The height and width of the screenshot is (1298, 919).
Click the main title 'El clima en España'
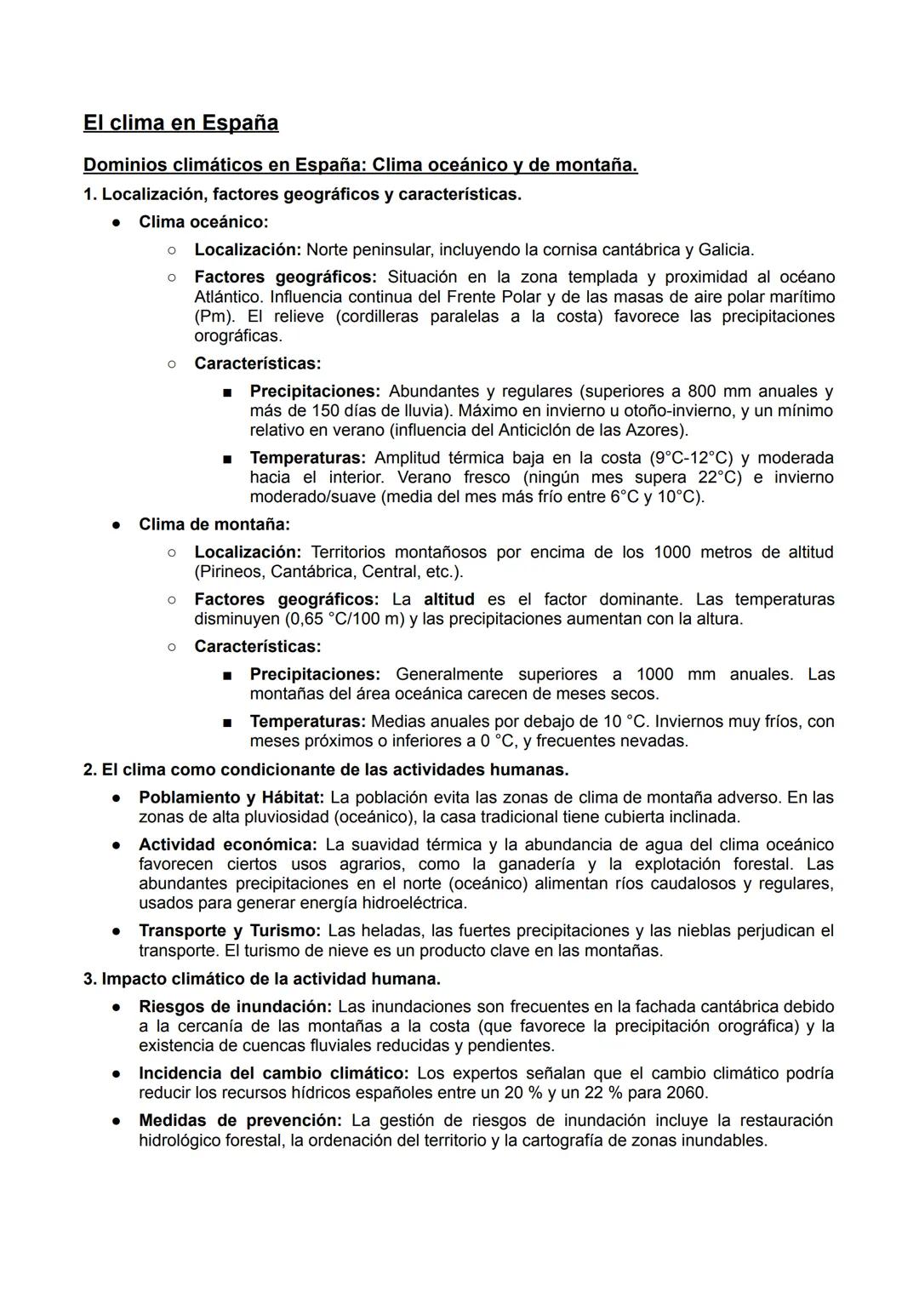click(x=180, y=123)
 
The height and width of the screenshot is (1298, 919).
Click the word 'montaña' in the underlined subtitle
click(x=595, y=164)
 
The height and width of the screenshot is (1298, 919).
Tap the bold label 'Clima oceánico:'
click(x=203, y=222)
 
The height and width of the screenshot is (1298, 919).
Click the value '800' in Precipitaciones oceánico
click(x=702, y=392)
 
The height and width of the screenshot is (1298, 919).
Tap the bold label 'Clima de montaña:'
click(x=214, y=524)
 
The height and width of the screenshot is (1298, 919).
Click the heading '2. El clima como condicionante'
click(x=325, y=769)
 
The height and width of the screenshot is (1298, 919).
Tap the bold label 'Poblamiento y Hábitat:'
click(x=231, y=798)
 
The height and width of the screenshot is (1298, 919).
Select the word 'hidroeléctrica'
click(x=415, y=902)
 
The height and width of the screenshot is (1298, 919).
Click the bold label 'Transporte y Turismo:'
click(x=229, y=930)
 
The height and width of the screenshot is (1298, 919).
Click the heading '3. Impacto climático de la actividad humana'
click(x=261, y=979)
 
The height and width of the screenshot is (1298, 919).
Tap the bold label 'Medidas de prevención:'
click(x=240, y=1120)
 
